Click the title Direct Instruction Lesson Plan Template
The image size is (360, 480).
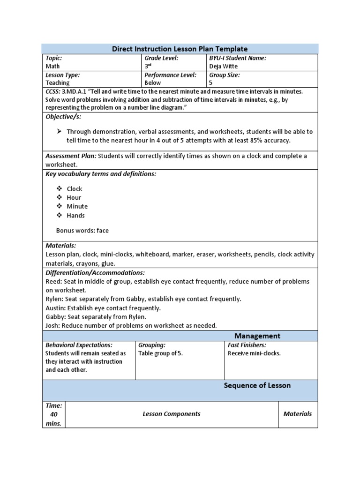(180, 49)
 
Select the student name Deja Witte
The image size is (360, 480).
(224, 66)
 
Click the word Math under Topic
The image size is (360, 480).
(52, 66)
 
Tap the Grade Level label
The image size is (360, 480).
(161, 58)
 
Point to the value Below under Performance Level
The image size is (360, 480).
(152, 82)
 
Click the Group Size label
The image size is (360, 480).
(224, 75)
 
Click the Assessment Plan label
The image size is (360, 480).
(71, 156)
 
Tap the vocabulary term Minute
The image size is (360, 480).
(77, 206)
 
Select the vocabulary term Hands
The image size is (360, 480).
(75, 216)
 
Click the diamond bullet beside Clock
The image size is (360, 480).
(60, 188)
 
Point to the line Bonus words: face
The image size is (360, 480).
(82, 231)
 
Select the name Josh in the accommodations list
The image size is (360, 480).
(52, 325)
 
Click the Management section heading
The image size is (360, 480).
(257, 336)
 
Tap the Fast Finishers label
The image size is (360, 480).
(247, 345)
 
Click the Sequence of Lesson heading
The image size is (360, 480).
(257, 385)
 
